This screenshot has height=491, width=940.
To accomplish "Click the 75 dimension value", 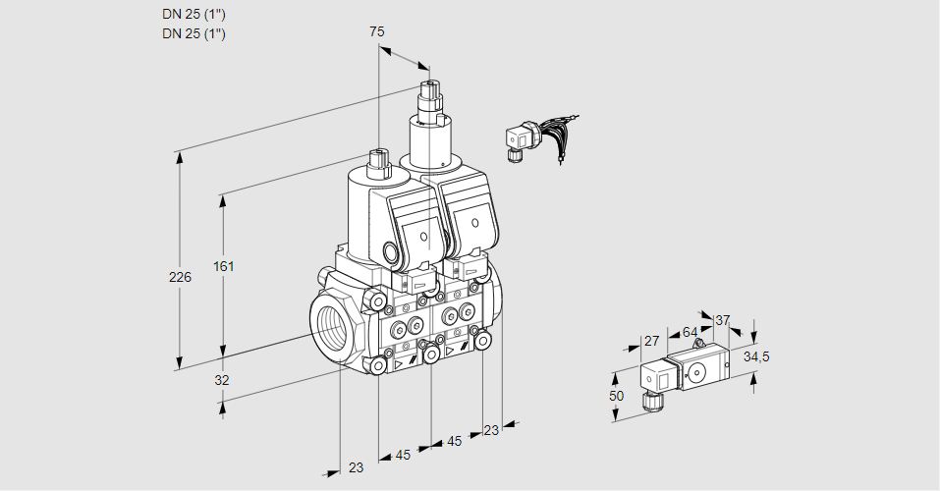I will coord(377,31).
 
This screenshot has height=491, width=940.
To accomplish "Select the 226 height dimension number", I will coord(180,278).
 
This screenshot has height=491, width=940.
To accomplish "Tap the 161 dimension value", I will coord(226,266).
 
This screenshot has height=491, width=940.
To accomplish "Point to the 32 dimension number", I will coord(221,380).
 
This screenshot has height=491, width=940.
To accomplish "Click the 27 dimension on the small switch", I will coord(650,341).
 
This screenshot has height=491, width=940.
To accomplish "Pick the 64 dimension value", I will coord(690,332).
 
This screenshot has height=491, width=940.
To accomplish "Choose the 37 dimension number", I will coord(723,320).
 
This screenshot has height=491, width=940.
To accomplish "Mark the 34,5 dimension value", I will coord(756,356).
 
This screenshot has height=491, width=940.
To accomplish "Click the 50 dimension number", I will coord(616,396).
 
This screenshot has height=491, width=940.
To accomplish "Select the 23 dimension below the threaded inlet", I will coord(356,467).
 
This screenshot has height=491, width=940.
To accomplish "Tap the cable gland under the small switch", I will coord(649,400).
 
